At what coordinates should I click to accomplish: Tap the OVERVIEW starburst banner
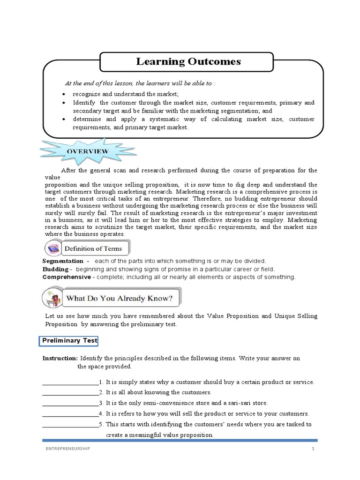tap(89, 151)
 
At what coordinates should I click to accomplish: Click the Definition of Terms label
tap(93, 248)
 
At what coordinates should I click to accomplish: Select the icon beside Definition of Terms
tap(52, 248)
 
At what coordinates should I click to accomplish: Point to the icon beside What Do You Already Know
tap(52, 298)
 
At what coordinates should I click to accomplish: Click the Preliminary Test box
tap(68, 341)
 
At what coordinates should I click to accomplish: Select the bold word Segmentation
tap(63, 261)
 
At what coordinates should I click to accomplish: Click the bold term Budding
tap(55, 269)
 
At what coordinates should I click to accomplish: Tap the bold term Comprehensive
tap(67, 277)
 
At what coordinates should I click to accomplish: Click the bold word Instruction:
tap(60, 358)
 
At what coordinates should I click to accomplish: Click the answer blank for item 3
tap(70, 404)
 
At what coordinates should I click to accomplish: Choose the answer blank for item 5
tap(70, 425)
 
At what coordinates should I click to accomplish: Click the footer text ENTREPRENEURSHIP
tap(65, 449)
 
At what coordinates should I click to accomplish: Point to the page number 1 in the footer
tap(312, 449)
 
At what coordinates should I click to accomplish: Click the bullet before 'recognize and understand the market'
tap(64, 94)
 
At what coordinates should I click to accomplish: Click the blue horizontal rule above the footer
tap(180, 440)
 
